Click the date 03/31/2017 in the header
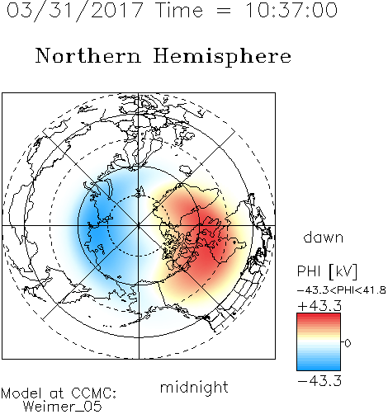pyautogui.click(x=74, y=11)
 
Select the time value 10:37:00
pyautogui.click(x=291, y=10)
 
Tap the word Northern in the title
pyautogui.click(x=88, y=55)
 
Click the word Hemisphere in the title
pyautogui.click(x=222, y=57)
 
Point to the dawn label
pyautogui.click(x=324, y=237)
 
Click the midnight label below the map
pyautogui.click(x=194, y=388)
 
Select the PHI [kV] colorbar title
pyautogui.click(x=327, y=271)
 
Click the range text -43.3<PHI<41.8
pyautogui.click(x=342, y=290)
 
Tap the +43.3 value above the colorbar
pyautogui.click(x=319, y=306)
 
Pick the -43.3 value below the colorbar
pyautogui.click(x=319, y=381)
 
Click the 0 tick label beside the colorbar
pyautogui.click(x=348, y=343)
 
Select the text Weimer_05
pyautogui.click(x=63, y=406)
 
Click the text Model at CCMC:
pyautogui.click(x=59, y=393)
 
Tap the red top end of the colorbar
pyautogui.click(x=319, y=316)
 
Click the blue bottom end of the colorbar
pyautogui.click(x=319, y=368)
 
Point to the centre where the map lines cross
pyautogui.click(x=139, y=226)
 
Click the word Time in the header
pyautogui.click(x=179, y=10)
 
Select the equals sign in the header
pyautogui.click(x=224, y=11)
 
